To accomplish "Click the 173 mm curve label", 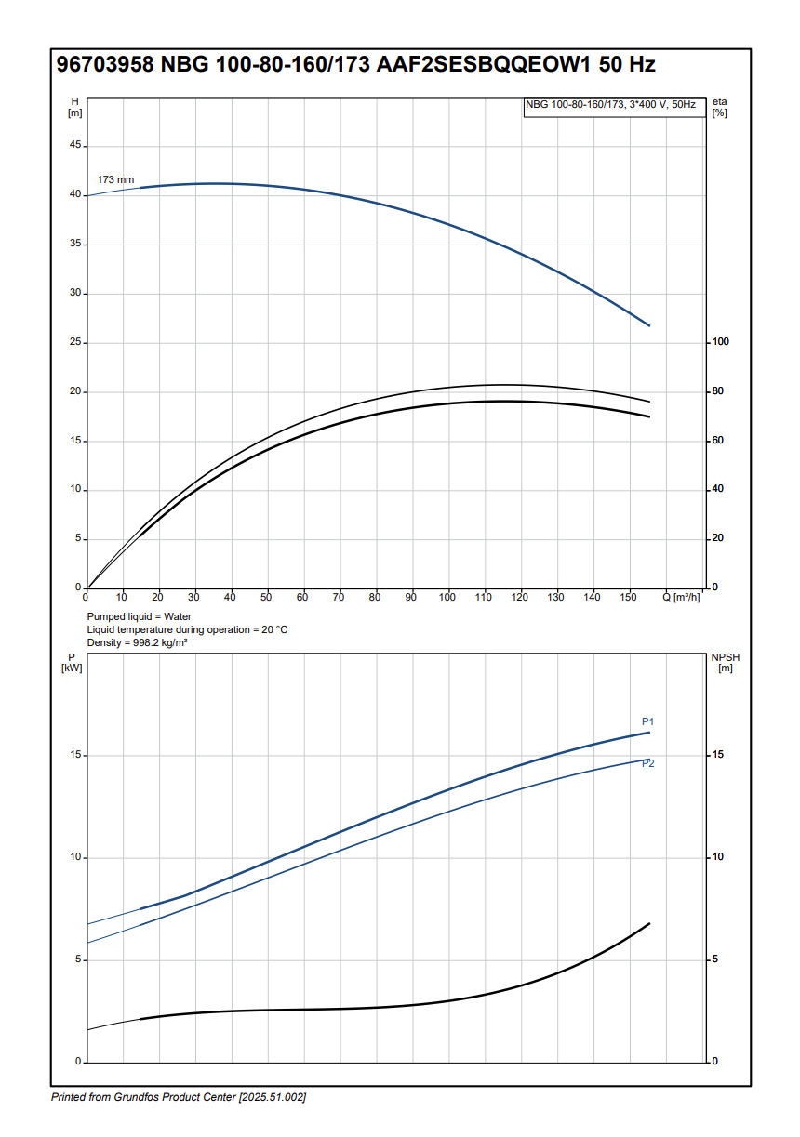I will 116,179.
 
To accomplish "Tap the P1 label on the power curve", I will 648,721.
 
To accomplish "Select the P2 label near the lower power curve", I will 648,763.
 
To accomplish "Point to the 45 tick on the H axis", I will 73,146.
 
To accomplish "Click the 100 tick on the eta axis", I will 720,342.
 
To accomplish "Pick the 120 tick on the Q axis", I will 519,597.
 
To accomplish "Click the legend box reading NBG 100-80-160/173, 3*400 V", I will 610,105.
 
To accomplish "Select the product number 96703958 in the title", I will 105,65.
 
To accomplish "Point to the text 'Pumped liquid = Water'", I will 140,616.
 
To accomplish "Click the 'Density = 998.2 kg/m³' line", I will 137,642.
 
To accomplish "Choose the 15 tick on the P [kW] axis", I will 75,755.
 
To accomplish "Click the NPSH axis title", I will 726,657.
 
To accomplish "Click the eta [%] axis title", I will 719,106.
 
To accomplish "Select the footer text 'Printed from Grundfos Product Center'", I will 144,1097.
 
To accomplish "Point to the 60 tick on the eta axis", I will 717,441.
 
